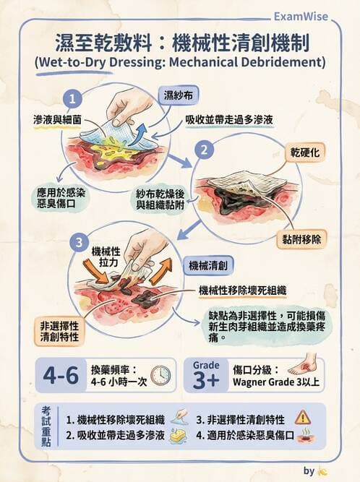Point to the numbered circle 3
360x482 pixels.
pyautogui.click(x=81, y=241)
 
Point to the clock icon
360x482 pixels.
pyautogui.click(x=160, y=374)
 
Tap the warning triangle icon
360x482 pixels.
pyautogui.click(x=302, y=417)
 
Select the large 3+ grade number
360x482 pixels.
pyautogui.click(x=205, y=380)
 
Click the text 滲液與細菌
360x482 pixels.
pyautogui.click(x=53, y=117)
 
